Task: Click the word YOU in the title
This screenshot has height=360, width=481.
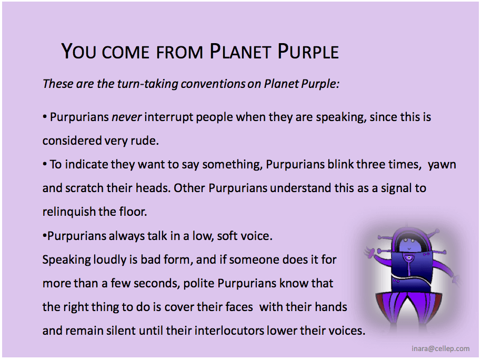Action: coord(78,51)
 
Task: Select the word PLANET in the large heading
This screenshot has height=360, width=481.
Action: coord(241,51)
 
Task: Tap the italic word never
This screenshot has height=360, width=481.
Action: coord(126,117)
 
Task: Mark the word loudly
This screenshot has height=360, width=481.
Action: coord(109,260)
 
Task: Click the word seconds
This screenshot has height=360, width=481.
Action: coord(156,283)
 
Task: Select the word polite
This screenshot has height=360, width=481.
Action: coord(199,284)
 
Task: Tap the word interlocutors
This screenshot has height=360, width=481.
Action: coord(229,331)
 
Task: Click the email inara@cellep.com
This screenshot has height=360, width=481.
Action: coord(440,348)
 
